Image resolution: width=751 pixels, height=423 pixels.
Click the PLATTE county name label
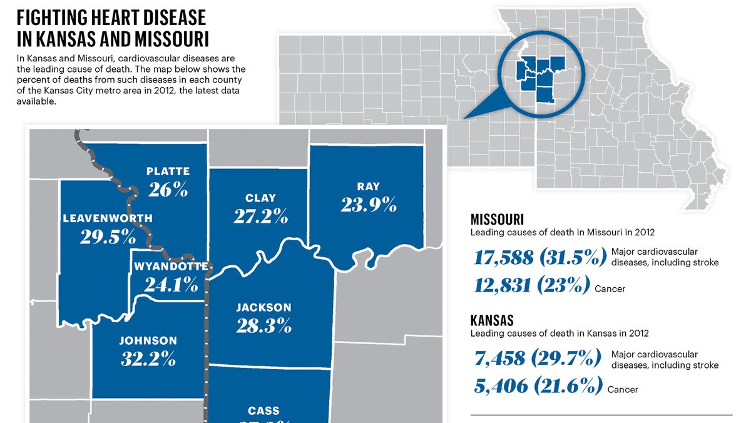click(168, 171)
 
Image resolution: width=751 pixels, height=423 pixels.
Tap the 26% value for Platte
click(168, 189)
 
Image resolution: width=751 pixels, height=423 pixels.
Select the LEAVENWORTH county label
click(108, 218)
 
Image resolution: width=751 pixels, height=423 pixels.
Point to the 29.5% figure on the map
click(108, 237)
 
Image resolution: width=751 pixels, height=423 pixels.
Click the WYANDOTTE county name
click(171, 267)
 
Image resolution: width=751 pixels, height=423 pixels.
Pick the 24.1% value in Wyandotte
click(171, 284)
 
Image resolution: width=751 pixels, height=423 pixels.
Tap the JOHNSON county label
click(148, 341)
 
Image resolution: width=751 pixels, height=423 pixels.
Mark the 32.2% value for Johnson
click(148, 359)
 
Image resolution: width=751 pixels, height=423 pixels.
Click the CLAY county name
click(260, 198)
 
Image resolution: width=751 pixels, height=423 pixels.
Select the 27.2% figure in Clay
click(260, 217)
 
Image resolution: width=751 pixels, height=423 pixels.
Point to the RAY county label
click(369, 186)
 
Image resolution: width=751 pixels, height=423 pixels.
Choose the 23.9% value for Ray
click(369, 204)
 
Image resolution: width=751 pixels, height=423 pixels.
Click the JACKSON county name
click(263, 307)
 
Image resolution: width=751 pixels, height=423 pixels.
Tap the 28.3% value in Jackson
click(263, 325)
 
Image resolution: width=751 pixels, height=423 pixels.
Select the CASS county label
click(263, 411)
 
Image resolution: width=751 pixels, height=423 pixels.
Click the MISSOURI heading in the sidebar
click(497, 220)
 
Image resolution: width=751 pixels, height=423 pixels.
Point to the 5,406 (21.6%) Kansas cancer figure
click(538, 385)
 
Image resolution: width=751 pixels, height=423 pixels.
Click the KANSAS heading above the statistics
click(492, 320)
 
